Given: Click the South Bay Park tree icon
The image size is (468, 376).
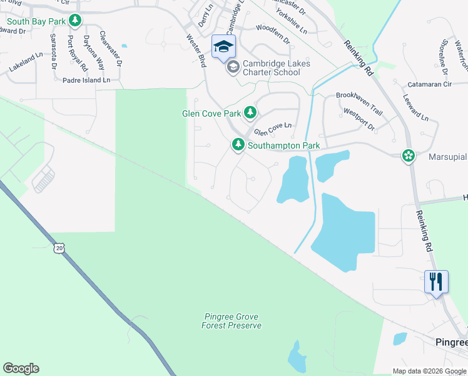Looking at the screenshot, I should click(x=75, y=21).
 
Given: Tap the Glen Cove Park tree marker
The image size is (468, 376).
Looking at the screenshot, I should click(x=250, y=113).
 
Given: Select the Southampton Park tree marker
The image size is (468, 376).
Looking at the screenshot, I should click(x=238, y=145).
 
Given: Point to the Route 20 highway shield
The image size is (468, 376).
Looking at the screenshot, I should click(x=59, y=249).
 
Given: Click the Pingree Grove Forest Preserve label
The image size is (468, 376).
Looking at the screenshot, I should click(x=231, y=321).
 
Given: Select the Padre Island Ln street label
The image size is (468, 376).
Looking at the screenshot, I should click(x=86, y=80).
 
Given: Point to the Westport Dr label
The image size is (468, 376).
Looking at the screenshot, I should click(x=359, y=119).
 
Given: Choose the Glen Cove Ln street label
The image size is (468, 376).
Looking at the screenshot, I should click(x=273, y=129).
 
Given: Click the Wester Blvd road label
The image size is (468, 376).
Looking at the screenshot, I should click(x=196, y=51).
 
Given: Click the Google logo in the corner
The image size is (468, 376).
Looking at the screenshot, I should click(x=21, y=368).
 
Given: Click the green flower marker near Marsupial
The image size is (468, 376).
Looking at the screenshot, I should click(x=409, y=155).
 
